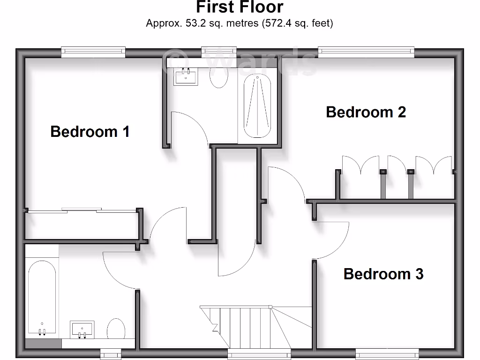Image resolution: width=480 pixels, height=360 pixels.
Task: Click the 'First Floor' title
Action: tap(240, 7)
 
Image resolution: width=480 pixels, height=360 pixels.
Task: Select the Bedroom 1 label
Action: tap(90, 131)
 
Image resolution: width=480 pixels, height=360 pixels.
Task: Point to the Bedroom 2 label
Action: tap(366, 112)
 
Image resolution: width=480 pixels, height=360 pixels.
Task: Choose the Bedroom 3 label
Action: tap(383, 273)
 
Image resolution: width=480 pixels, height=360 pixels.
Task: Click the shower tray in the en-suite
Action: tap(257, 107)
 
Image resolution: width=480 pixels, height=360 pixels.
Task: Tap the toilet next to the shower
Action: tap(218, 76)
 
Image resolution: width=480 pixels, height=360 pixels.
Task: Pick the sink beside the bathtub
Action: tap(82, 329)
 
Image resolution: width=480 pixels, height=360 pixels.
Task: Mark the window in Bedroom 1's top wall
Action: tap(93, 52)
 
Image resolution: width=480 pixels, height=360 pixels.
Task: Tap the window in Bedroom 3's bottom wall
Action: tap(387, 353)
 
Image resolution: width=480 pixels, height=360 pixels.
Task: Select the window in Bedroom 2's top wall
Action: tap(366, 52)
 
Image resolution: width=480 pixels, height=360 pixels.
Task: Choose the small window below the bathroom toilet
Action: tap(111, 353)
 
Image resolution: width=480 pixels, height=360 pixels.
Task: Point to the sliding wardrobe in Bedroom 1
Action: tap(82, 225)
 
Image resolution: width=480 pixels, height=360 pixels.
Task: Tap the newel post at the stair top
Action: tap(270, 307)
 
